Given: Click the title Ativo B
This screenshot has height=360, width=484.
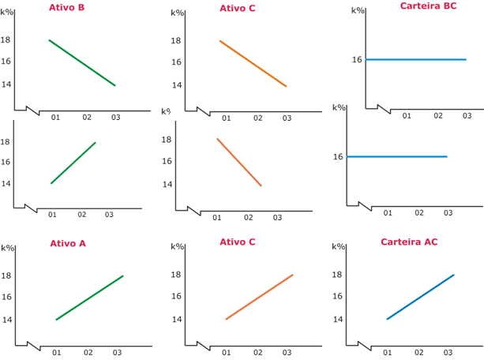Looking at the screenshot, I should [x=66, y=7].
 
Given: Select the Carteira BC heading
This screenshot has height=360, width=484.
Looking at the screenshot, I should [x=428, y=6].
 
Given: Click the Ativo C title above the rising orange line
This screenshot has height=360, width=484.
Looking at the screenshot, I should [x=237, y=242].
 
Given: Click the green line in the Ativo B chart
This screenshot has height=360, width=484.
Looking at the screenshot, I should [x=82, y=62].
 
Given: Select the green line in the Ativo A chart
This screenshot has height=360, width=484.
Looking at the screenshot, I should [x=89, y=298].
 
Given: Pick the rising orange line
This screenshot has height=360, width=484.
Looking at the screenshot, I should [x=259, y=297].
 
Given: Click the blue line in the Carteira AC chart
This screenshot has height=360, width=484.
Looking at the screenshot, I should [x=420, y=297].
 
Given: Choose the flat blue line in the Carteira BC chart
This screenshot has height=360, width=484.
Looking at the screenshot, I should [x=415, y=59].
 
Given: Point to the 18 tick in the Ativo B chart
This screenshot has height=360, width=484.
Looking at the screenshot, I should [x=6, y=39].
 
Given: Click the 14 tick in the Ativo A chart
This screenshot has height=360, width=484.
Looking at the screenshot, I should [x=7, y=320].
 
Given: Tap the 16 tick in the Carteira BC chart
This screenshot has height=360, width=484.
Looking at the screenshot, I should [x=357, y=59].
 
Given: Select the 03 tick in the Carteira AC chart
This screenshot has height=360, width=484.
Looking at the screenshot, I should [x=450, y=352].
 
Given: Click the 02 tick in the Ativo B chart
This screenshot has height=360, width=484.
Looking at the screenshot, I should [x=87, y=117].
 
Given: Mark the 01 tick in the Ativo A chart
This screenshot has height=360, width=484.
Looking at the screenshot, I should [x=57, y=353].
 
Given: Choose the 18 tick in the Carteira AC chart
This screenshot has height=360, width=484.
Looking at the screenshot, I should [x=336, y=275].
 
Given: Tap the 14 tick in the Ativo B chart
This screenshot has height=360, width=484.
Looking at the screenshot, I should [x=6, y=84].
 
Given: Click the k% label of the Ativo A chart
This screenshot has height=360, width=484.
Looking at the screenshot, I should [x=7, y=248].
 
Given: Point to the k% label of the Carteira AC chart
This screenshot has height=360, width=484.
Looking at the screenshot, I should [x=338, y=246].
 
